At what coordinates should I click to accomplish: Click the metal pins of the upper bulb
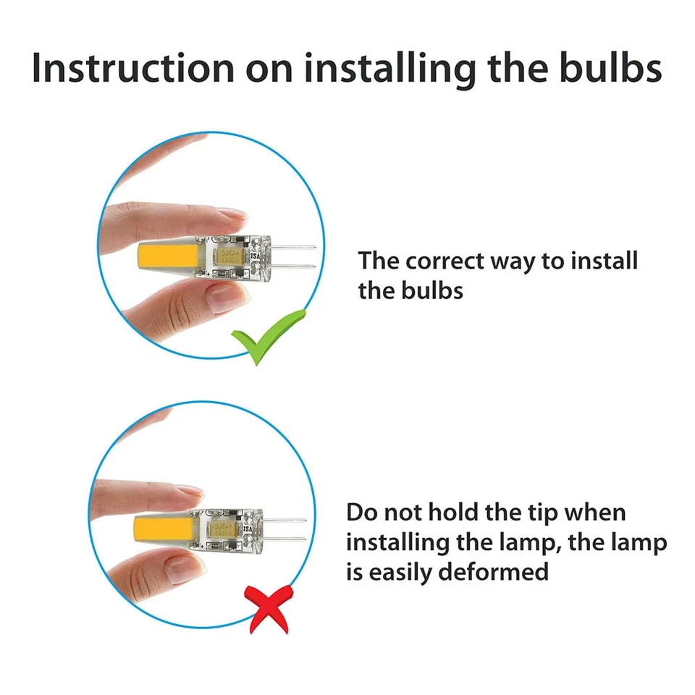298,256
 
